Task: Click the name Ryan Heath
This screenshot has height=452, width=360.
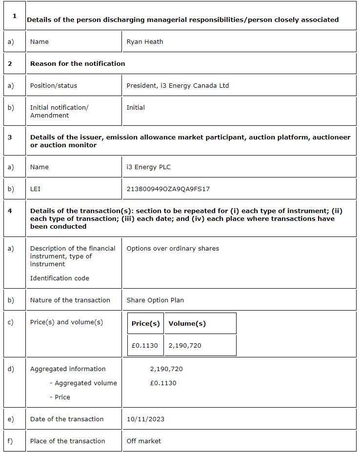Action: (145, 42)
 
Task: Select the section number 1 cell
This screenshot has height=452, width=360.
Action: (14, 16)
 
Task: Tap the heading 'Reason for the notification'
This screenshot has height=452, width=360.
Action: (78, 64)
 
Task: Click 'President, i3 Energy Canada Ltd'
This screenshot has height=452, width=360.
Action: (178, 86)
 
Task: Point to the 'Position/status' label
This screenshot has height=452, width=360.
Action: (54, 86)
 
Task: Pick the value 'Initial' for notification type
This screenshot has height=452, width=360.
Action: (136, 108)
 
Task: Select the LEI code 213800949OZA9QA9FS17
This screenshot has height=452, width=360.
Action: (168, 189)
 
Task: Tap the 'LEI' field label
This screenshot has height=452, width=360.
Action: (35, 189)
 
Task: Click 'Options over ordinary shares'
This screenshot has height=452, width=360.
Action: (173, 249)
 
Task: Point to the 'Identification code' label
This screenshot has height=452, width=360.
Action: (60, 278)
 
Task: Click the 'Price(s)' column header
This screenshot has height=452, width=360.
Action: (145, 324)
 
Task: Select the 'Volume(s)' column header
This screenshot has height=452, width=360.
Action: (187, 324)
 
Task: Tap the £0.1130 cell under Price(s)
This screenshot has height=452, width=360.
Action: (145, 346)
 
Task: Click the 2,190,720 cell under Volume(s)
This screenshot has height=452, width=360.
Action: (185, 346)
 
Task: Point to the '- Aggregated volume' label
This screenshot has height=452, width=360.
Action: (83, 383)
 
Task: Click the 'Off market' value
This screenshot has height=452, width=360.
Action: (143, 441)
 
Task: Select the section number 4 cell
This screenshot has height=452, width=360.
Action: (10, 211)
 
